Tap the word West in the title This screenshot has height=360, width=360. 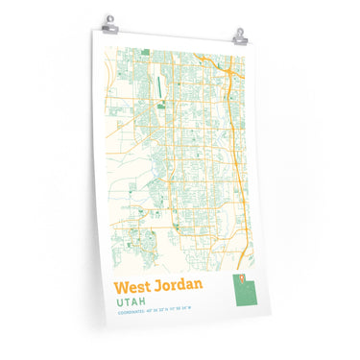coord(134,286)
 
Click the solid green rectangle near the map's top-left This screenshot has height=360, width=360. coord(144,52)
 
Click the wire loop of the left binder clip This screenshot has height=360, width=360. coord(108,17)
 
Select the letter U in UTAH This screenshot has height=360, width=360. coord(120,301)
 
